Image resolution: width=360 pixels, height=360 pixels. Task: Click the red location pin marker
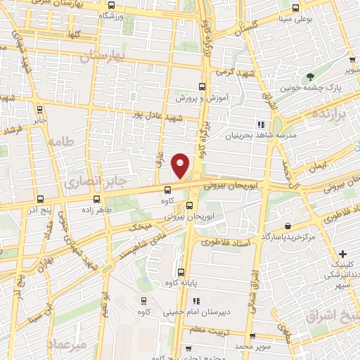181,166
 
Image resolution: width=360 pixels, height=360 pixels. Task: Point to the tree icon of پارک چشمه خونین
309,77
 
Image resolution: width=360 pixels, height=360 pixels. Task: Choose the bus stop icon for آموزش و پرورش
202,86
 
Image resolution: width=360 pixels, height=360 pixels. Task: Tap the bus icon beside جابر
39,109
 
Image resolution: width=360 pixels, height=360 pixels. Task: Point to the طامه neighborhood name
61,141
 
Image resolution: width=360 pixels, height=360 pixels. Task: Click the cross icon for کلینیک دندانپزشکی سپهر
342,254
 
